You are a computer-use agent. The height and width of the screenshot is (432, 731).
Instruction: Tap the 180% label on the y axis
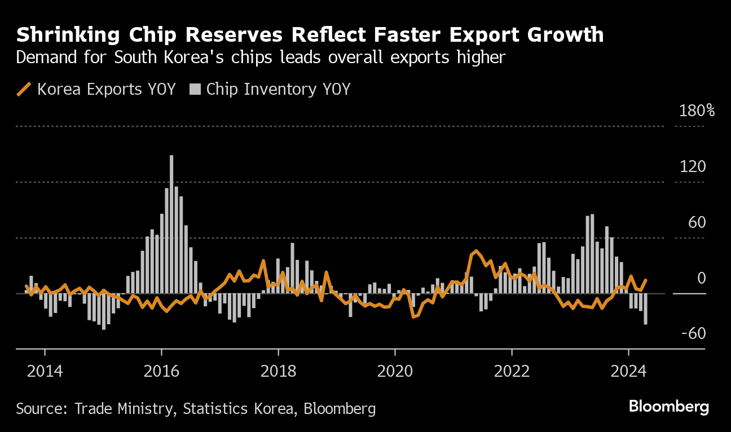(697, 111)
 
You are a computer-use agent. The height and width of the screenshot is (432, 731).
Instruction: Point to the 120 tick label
(693, 166)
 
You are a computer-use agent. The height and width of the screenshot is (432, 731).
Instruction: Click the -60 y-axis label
(693, 334)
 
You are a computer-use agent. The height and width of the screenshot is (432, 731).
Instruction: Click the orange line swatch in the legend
(24, 89)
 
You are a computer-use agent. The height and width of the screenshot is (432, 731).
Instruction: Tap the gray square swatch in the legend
(195, 89)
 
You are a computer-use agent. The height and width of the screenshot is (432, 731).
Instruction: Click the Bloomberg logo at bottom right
(669, 407)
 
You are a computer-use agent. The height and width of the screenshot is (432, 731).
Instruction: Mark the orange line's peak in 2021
(476, 251)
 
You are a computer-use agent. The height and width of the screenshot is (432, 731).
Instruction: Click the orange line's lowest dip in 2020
(413, 317)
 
